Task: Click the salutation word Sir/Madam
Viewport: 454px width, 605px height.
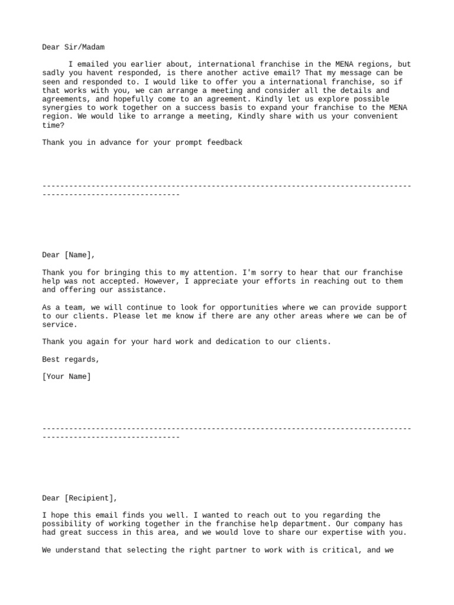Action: click(86, 47)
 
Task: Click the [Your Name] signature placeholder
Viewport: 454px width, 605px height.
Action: click(67, 376)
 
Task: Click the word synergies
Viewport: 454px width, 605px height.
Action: click(64, 108)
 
